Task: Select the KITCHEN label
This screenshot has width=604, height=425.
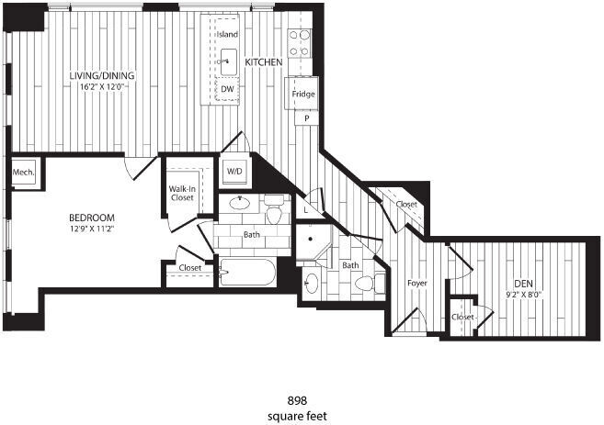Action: (x=264, y=62)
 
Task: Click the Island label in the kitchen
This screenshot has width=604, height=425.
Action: (x=227, y=34)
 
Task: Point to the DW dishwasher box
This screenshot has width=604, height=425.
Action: (x=227, y=89)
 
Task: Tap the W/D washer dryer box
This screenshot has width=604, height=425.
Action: (x=234, y=171)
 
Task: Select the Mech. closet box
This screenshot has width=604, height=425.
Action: (x=23, y=173)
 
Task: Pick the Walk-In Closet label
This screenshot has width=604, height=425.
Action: (x=181, y=194)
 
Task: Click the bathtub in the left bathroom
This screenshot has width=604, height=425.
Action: (x=247, y=272)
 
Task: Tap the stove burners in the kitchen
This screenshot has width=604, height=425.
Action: (x=301, y=43)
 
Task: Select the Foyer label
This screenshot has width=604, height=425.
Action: (x=417, y=283)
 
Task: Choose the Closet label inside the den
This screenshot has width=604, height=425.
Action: (x=463, y=317)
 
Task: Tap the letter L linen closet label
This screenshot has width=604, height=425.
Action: (x=306, y=209)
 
